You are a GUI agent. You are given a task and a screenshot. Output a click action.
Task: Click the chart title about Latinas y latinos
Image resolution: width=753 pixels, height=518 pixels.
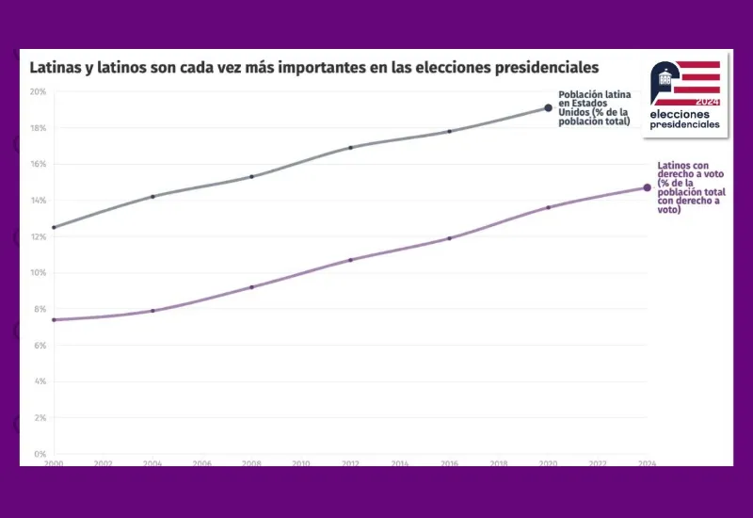pyautogui.click(x=314, y=68)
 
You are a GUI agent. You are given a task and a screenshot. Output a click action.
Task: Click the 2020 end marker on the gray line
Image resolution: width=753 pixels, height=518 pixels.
pyautogui.click(x=549, y=108)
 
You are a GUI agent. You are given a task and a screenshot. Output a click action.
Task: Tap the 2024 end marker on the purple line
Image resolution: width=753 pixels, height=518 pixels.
pyautogui.click(x=647, y=187)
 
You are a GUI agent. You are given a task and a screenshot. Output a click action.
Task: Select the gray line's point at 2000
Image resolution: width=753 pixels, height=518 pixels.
pyautogui.click(x=54, y=227)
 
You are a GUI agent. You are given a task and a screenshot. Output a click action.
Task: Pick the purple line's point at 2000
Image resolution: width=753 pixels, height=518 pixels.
pyautogui.click(x=54, y=320)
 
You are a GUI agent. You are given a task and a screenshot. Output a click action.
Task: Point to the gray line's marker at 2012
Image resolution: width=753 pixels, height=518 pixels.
pyautogui.click(x=351, y=147)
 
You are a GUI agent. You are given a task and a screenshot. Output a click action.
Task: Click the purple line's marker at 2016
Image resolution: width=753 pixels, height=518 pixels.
pyautogui.click(x=450, y=238)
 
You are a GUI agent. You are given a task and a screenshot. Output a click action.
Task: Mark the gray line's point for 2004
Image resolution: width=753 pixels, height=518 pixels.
pyautogui.click(x=152, y=196)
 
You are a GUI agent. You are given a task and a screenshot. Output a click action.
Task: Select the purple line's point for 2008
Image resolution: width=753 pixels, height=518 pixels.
pyautogui.click(x=251, y=286)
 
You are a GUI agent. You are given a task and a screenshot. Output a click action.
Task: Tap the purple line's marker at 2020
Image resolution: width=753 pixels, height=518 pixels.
pyautogui.click(x=549, y=207)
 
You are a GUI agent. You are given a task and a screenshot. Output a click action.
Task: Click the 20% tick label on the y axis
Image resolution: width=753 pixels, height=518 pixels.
pyautogui.click(x=38, y=91)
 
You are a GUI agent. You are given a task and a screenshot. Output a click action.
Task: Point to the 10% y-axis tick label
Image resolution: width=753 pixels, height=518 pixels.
pyautogui.click(x=38, y=273)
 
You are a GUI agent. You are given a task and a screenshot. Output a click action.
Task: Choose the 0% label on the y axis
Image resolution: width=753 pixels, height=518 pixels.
pyautogui.click(x=40, y=454)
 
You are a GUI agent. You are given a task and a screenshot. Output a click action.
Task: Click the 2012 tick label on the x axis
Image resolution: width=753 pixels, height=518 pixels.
pyautogui.click(x=351, y=463)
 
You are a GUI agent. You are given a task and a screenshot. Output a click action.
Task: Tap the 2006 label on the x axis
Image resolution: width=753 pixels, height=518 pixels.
pyautogui.click(x=202, y=463)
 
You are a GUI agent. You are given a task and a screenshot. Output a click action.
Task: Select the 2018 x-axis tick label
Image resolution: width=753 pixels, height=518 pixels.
pyautogui.click(x=499, y=463)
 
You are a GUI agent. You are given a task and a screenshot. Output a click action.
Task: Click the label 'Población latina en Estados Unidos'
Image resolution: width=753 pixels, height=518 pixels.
pyautogui.click(x=594, y=108)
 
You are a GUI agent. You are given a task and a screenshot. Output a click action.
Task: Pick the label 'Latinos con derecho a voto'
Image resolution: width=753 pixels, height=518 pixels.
pyautogui.click(x=690, y=187)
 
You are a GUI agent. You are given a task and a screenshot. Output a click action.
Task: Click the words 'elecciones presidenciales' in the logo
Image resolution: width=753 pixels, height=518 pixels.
pyautogui.click(x=684, y=119)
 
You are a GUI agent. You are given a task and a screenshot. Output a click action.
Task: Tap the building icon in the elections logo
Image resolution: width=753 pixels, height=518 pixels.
pyautogui.click(x=665, y=79)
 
